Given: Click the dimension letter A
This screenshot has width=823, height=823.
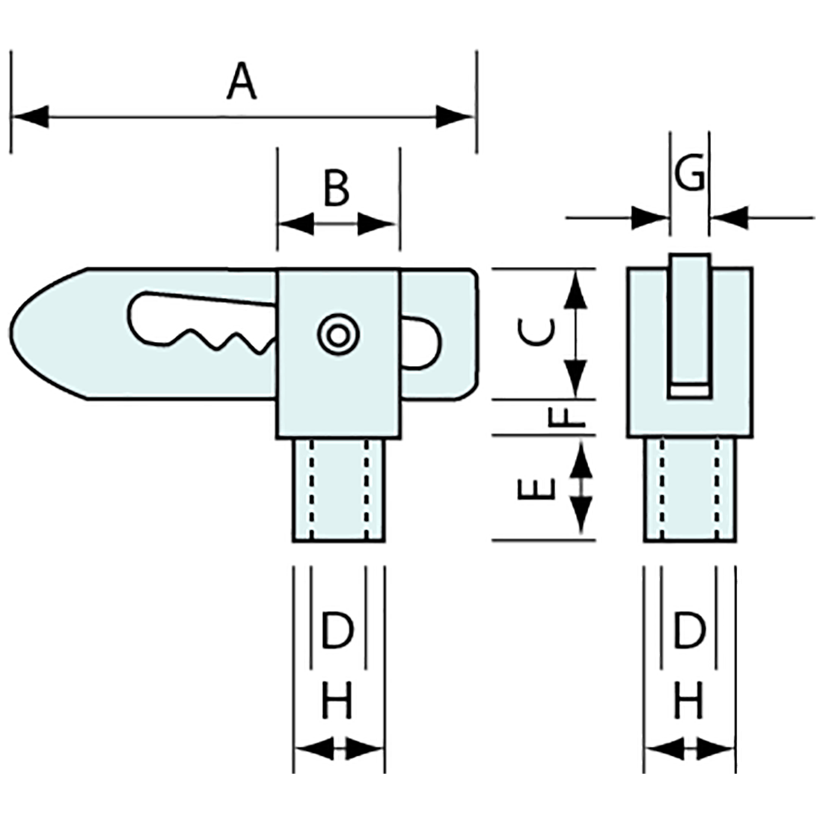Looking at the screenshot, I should pos(242,82).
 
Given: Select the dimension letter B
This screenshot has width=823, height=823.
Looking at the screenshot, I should pos(337,189).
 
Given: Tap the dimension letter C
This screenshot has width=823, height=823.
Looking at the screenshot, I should pos(538,333).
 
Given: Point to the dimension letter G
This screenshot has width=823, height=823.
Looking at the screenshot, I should pos(689,175).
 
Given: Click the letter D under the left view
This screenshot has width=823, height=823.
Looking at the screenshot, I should pos(337,630).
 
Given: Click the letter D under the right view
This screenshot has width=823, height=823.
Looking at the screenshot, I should pos(689,630).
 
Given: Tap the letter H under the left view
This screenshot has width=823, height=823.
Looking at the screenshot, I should pos(337,703).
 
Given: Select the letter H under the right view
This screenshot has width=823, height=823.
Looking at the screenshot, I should pos(689,703).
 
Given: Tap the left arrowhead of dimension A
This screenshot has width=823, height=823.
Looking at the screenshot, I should pos(30,116).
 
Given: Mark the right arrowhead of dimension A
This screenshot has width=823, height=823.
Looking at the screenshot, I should pos(456,116).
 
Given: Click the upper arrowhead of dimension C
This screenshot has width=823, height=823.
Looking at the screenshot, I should pos(575,288).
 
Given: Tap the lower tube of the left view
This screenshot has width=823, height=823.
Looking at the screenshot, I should pos(338,490).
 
